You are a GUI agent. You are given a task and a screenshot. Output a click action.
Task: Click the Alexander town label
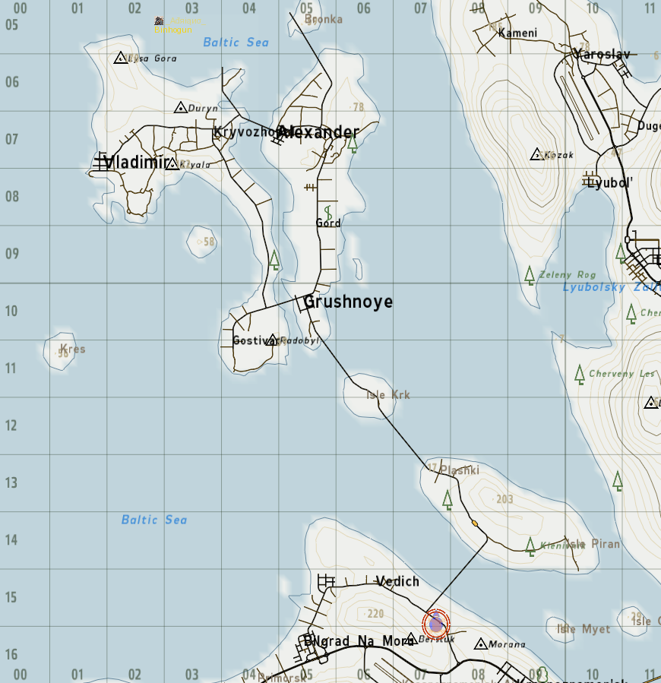pyautogui.click(x=318, y=133)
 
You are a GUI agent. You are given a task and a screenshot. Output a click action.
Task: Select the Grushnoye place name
pyautogui.click(x=348, y=302)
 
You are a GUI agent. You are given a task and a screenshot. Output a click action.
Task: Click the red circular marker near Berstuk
pyautogui.click(x=436, y=625)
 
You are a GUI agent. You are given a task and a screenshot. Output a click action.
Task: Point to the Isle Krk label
pyautogui.click(x=387, y=395)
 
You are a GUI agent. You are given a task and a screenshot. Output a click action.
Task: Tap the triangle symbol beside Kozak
pyautogui.click(x=537, y=154)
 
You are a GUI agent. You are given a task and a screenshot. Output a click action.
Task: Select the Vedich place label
pyautogui.click(x=397, y=581)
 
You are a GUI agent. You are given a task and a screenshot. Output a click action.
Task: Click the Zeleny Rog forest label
pyautogui.click(x=567, y=275)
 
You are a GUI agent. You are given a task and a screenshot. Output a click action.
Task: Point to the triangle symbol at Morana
pyautogui.click(x=480, y=644)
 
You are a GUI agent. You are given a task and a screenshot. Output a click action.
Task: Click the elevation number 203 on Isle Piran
pyautogui.click(x=504, y=499)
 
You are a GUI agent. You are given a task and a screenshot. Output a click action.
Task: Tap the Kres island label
pyautogui.click(x=72, y=349)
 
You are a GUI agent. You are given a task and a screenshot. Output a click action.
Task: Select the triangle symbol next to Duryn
pyautogui.click(x=180, y=108)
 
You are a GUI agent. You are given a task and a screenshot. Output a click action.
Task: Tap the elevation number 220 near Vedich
pyautogui.click(x=375, y=614)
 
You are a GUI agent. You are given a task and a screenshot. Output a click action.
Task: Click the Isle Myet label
pyautogui.click(x=584, y=629)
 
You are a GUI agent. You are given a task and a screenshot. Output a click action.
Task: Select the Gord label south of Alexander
pyautogui.click(x=328, y=223)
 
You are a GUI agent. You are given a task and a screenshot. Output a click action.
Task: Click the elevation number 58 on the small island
pyautogui.click(x=209, y=242)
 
